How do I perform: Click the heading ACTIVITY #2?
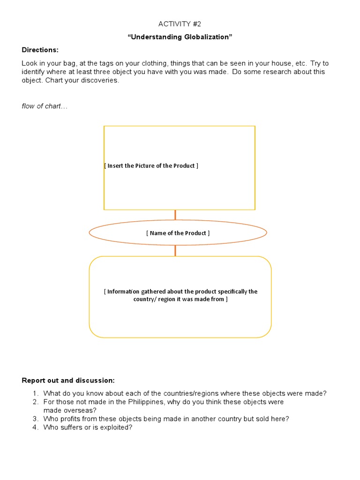coord(180,24)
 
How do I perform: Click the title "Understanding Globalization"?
coord(180,37)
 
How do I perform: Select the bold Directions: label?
coord(40,50)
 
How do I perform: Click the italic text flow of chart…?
coord(45,106)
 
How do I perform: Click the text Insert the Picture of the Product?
coord(151,166)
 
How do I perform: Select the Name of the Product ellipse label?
coord(178,233)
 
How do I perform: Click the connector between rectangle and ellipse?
coord(175,215)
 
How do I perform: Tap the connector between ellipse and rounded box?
coord(175,250)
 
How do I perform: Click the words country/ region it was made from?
coord(180,300)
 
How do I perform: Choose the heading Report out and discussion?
coord(68,380)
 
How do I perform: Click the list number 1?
coord(35,393)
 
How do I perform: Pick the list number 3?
coord(35,419)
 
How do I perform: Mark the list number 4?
coord(35,427)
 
